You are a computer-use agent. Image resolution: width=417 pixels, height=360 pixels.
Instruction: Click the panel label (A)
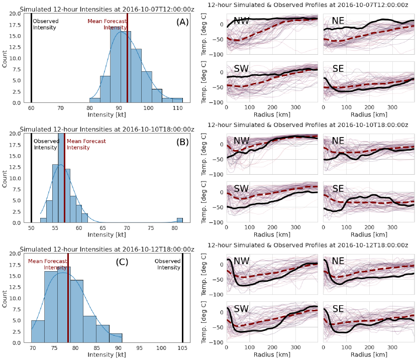point(181,23)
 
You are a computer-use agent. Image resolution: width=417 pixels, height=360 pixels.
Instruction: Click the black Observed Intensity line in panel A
point(31,60)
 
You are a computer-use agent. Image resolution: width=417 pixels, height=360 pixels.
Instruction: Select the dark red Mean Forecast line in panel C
point(68,301)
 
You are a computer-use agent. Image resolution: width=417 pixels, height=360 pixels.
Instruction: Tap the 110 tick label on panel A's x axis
point(177,107)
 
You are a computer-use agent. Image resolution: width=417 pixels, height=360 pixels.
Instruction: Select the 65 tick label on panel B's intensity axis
point(103,227)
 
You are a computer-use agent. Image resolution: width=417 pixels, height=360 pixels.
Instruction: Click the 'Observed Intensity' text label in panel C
point(167,264)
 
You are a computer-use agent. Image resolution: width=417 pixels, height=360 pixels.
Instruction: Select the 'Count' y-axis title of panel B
point(5,178)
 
